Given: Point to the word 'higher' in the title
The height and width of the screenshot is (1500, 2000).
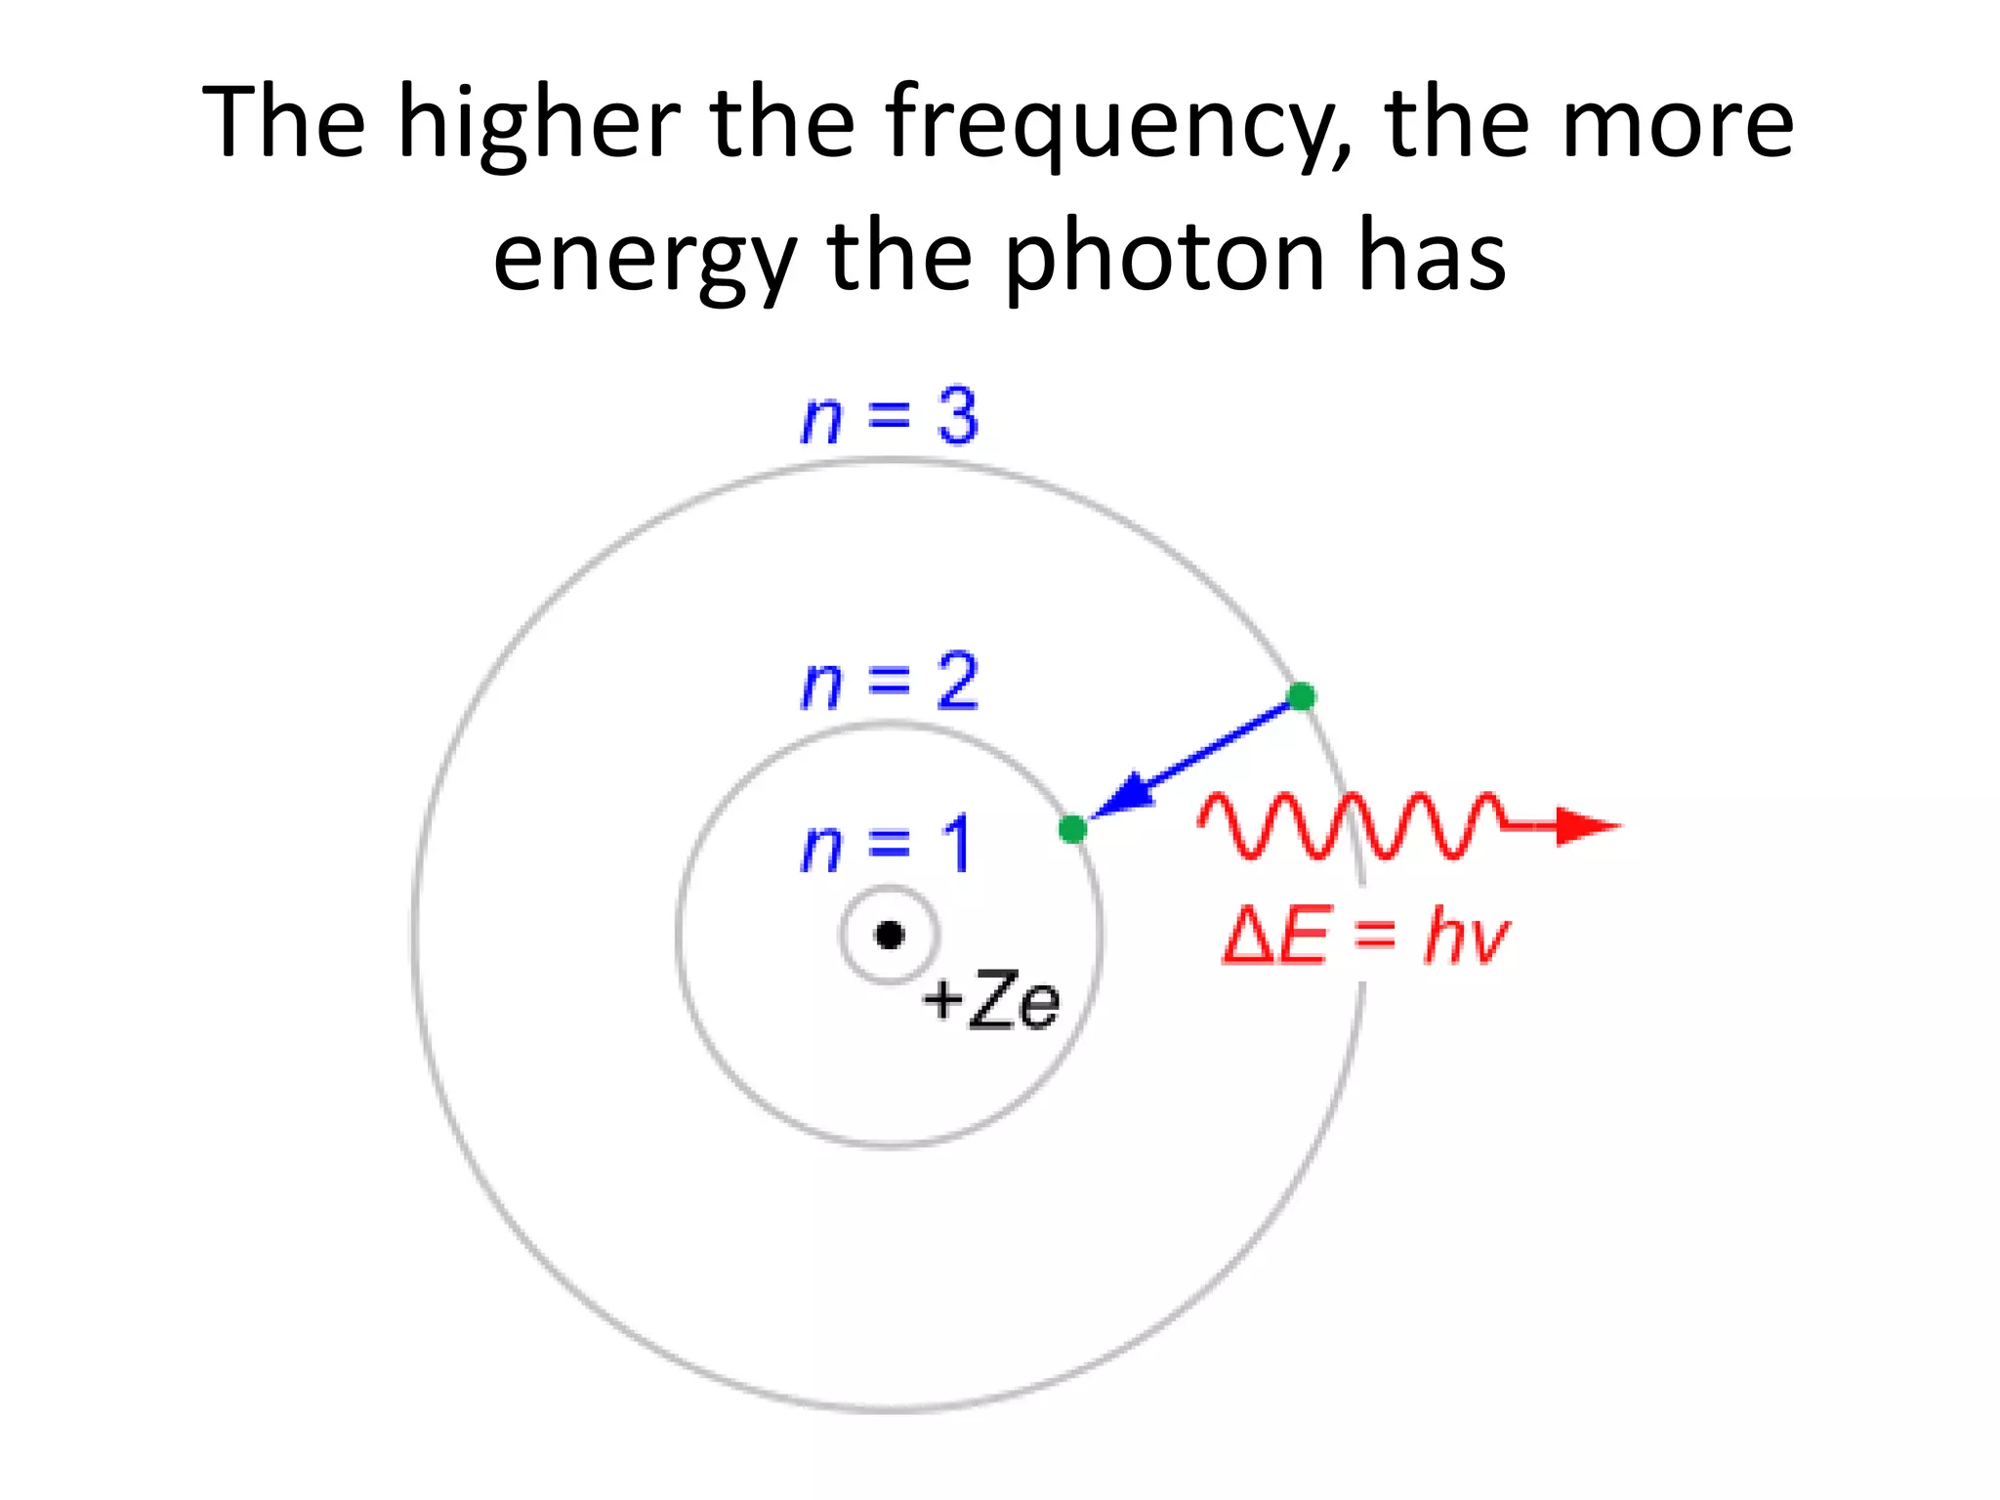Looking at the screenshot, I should [539, 124].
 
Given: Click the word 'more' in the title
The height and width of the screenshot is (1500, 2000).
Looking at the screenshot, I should [1677, 124].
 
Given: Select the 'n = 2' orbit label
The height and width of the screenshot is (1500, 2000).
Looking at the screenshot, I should [889, 682].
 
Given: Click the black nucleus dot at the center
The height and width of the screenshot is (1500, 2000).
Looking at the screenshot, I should [890, 936].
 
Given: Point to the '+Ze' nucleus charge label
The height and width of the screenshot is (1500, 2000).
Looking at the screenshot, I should [990, 1000].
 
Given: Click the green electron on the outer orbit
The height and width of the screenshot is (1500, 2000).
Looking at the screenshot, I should [1301, 696].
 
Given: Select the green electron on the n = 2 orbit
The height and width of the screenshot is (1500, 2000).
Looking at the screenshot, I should [1072, 829].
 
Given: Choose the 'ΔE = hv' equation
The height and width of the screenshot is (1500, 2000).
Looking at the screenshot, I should [1365, 936].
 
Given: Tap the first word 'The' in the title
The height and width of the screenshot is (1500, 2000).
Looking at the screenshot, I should [283, 124].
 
